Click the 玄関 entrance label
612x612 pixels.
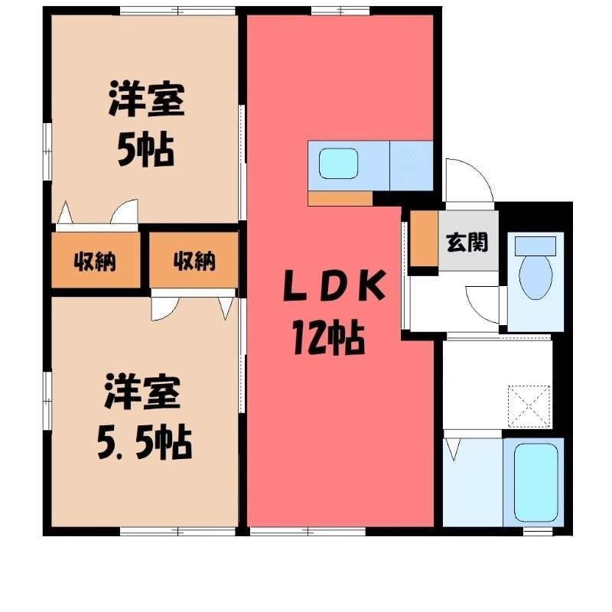tap(467, 242)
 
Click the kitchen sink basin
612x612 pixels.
tap(338, 164)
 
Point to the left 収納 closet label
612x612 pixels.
tap(95, 262)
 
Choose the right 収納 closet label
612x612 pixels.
tap(194, 261)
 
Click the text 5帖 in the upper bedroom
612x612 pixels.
tap(145, 150)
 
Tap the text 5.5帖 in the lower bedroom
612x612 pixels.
tap(145, 444)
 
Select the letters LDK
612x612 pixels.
tap(334, 285)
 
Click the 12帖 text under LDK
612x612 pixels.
tap(329, 338)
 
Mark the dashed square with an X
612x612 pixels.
tap(529, 406)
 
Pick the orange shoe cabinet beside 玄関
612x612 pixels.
tap(425, 238)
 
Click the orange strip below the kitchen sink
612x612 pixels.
tap(340, 198)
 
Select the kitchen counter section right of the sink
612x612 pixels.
tap(412, 165)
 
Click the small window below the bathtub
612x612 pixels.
tap(538, 531)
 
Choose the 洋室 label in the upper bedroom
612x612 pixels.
tap(146, 99)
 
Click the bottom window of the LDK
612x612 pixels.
tap(308, 531)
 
